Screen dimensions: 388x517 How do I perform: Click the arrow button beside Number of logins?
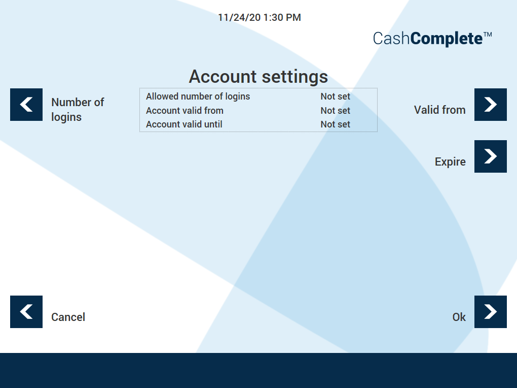(26, 105)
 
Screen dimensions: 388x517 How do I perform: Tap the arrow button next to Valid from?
(491, 105)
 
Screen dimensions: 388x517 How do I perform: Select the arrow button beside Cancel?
(26, 312)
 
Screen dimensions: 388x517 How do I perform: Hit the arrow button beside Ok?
(491, 312)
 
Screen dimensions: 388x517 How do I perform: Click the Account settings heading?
(258, 77)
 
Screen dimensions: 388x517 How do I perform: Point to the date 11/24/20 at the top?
(239, 18)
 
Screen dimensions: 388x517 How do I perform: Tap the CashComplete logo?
(432, 39)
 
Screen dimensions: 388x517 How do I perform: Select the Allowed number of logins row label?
(198, 96)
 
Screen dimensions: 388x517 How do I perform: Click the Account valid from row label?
(184, 111)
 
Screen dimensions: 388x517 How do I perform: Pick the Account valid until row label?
(184, 124)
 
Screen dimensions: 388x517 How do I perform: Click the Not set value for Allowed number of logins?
(335, 96)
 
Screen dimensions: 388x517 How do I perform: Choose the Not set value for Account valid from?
(335, 111)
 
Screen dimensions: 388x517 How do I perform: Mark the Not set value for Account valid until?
(335, 124)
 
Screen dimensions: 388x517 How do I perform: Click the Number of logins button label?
(77, 109)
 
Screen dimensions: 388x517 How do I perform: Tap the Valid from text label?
(439, 110)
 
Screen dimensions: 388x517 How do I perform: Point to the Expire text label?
(450, 162)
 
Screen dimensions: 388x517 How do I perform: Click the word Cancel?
(68, 317)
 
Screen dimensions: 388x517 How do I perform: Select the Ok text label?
(459, 317)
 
